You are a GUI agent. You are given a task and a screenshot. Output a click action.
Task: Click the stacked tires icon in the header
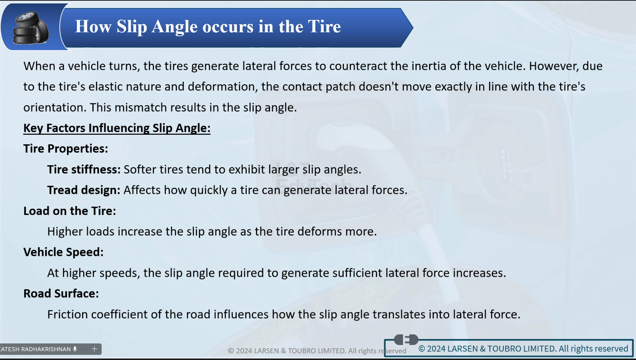click(31, 28)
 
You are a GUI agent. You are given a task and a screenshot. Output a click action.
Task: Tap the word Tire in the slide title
click(324, 27)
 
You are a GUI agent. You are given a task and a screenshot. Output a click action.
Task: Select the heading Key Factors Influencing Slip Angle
click(117, 128)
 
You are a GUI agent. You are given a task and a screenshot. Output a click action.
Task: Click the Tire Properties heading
click(66, 149)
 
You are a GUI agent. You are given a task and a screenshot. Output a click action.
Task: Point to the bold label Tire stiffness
click(84, 169)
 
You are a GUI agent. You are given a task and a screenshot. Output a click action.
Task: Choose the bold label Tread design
click(84, 190)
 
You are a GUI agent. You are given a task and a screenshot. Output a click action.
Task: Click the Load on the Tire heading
click(70, 211)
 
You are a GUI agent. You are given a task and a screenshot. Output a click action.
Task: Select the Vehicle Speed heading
click(63, 252)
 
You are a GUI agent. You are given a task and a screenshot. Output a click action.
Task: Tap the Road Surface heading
click(61, 294)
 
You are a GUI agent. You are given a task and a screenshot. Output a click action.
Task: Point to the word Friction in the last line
click(67, 314)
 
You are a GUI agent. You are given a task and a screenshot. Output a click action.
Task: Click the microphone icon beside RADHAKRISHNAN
click(75, 349)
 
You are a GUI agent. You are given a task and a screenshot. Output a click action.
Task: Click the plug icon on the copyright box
click(406, 339)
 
